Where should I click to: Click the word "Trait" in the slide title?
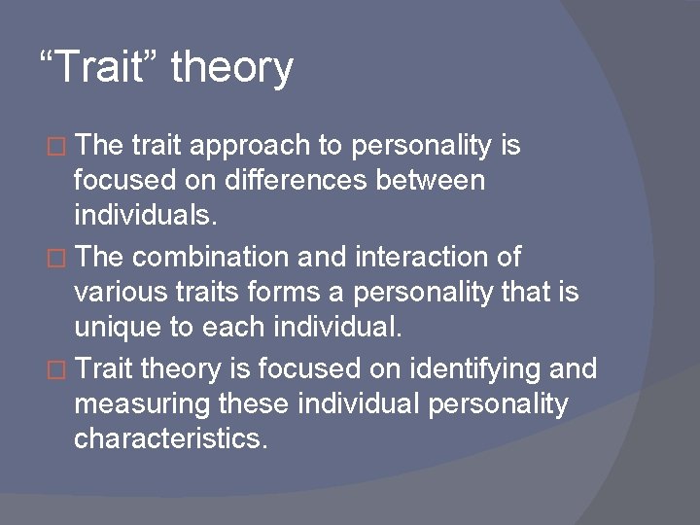pos(108,68)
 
